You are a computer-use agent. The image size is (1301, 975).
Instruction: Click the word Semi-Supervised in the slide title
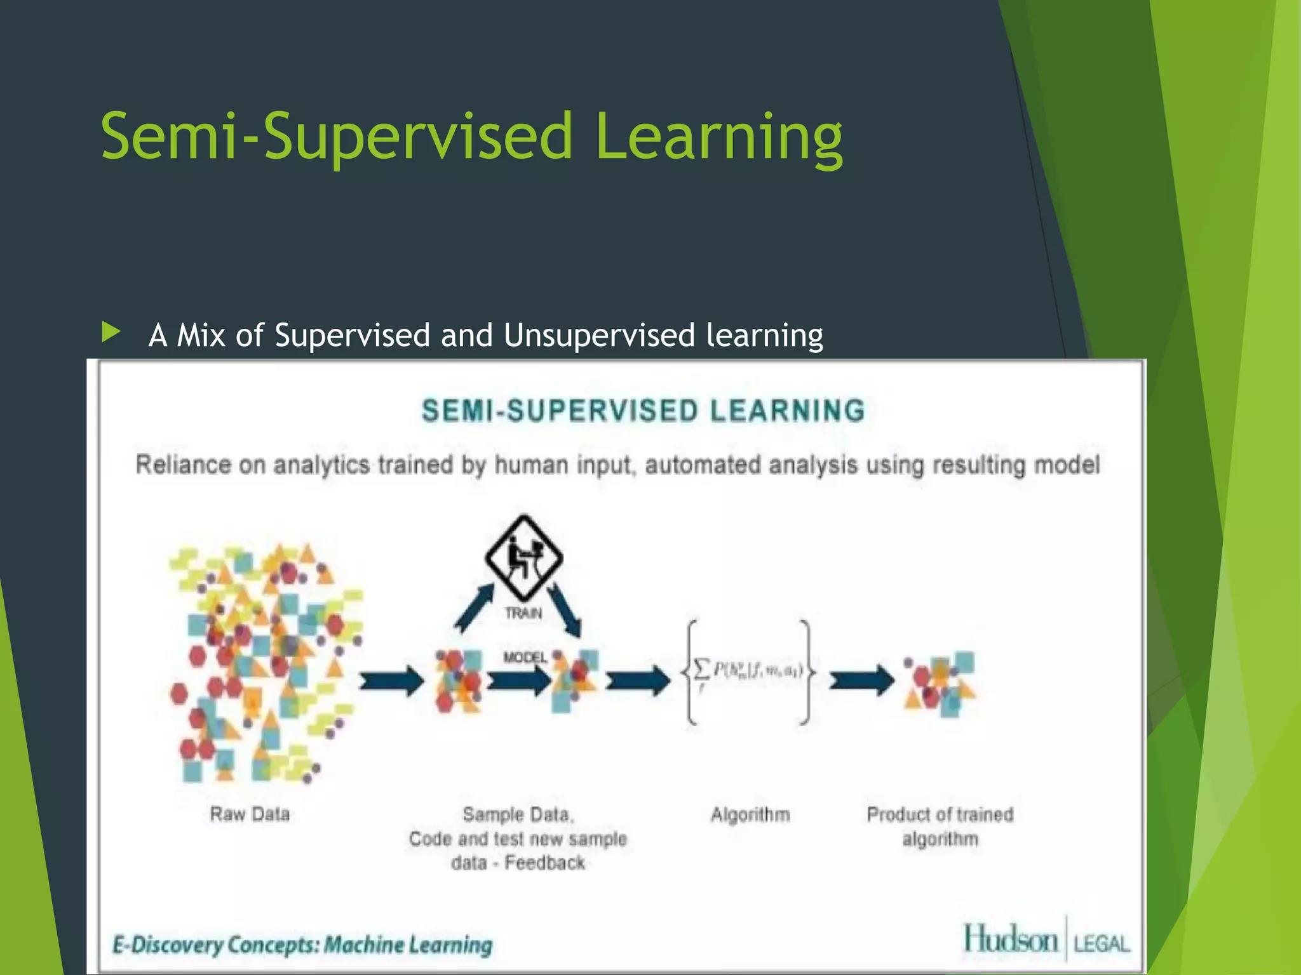pyautogui.click(x=337, y=136)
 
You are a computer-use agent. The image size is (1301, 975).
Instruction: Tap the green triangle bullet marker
pyautogui.click(x=111, y=331)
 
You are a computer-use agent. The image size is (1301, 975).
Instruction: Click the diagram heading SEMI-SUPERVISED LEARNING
pyautogui.click(x=643, y=411)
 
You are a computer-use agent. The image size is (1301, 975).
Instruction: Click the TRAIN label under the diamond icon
pyautogui.click(x=523, y=613)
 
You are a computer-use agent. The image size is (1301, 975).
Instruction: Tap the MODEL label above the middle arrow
pyautogui.click(x=525, y=658)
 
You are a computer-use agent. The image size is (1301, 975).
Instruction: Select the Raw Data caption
pyautogui.click(x=250, y=814)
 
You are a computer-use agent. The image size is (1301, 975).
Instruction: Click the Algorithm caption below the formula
pyautogui.click(x=750, y=814)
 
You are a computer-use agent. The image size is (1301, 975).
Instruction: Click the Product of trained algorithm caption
pyautogui.click(x=940, y=826)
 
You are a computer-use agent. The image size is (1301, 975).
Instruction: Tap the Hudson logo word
pyautogui.click(x=1011, y=940)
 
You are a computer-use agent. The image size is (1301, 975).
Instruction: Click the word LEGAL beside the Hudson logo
pyautogui.click(x=1102, y=944)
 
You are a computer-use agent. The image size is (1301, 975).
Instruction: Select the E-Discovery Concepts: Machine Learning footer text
pyautogui.click(x=302, y=945)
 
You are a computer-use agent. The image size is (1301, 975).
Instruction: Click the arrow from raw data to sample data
pyautogui.click(x=391, y=682)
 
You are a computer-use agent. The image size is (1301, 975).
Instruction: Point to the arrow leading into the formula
pyautogui.click(x=637, y=682)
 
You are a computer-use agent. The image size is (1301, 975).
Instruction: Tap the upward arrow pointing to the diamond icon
pyautogui.click(x=474, y=607)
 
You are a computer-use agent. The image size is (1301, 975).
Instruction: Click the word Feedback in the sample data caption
pyautogui.click(x=544, y=863)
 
